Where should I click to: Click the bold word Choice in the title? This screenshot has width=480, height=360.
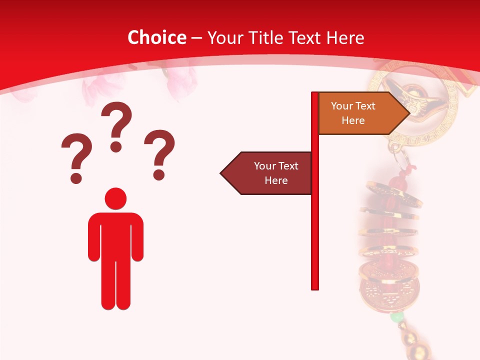tap(156, 37)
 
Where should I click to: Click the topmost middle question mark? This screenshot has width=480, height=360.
tap(116, 125)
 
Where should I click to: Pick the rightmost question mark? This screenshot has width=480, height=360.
tap(159, 152)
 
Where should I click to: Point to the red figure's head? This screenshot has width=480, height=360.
tap(115, 198)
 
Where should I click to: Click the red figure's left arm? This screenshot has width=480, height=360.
tap(94, 237)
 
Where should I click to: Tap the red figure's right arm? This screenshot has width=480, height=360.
tap(137, 237)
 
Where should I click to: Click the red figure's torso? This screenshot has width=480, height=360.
tap(115, 235)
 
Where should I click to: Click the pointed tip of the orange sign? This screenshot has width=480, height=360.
tap(408, 113)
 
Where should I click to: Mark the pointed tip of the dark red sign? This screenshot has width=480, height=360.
tap(221, 173)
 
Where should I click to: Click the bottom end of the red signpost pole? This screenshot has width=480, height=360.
tap(315, 287)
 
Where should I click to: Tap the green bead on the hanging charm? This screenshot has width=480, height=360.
tap(397, 317)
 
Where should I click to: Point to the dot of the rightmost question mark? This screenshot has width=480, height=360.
tap(159, 175)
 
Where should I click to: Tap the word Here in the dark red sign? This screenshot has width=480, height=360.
tap(276, 180)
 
